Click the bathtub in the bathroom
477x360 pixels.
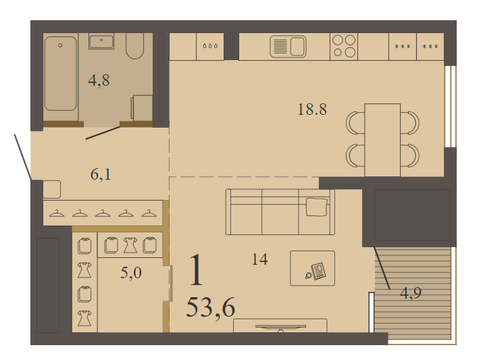tap(61, 73)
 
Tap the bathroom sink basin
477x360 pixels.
tap(101, 41)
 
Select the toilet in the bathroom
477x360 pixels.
tap(134, 46)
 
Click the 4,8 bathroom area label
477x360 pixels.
tap(99, 81)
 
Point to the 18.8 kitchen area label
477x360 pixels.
tap(312, 109)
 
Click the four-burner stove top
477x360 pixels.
tap(344, 46)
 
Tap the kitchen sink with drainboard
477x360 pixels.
tap(288, 47)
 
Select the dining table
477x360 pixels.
tap(382, 140)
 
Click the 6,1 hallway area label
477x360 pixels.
tap(101, 174)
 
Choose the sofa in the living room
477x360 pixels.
tap(280, 212)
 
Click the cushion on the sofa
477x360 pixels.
tap(317, 207)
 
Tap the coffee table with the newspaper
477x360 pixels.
tap(312, 268)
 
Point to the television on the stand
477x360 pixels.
tap(280, 327)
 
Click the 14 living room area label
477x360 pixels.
tap(260, 259)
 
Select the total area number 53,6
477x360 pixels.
tap(211, 307)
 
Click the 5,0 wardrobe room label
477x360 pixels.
tap(131, 273)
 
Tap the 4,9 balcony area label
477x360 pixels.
tap(411, 293)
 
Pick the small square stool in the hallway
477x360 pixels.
tap(52, 189)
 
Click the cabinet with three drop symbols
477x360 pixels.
tap(210, 47)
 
